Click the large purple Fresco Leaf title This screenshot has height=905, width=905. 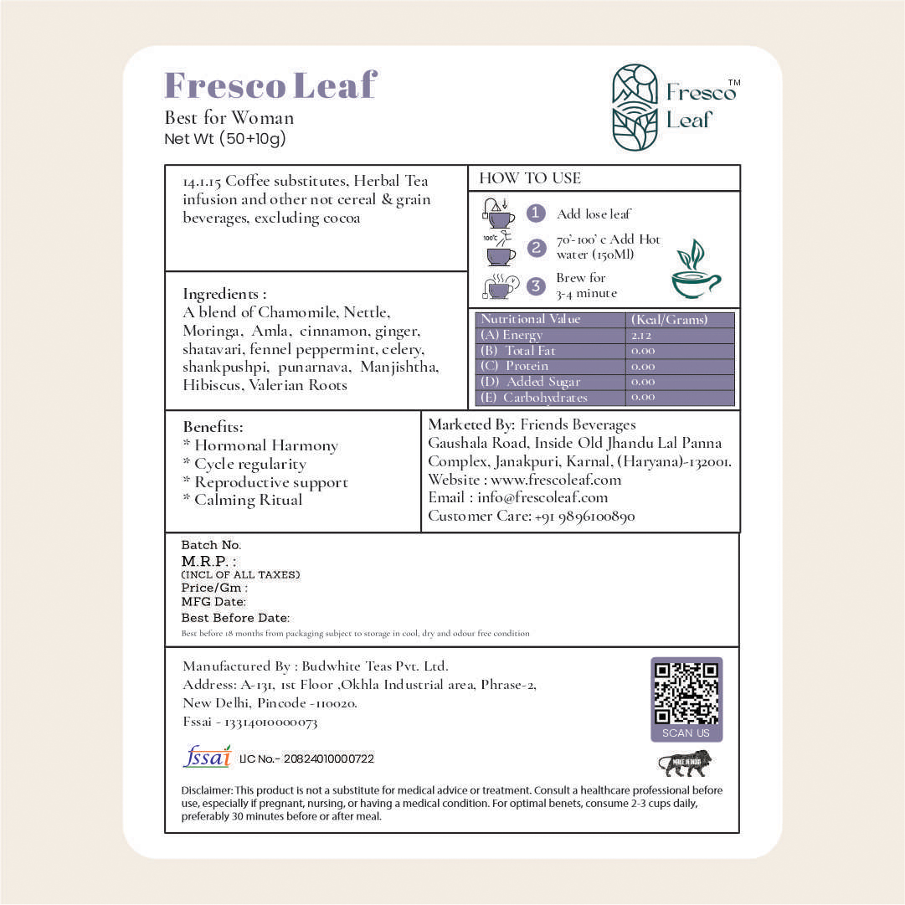(270, 85)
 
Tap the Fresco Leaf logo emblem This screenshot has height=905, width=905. (635, 107)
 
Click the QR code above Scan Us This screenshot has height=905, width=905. (686, 693)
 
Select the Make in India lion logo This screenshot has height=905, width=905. (686, 764)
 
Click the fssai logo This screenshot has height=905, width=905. (207, 756)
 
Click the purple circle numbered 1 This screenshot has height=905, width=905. (536, 213)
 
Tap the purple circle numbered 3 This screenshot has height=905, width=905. (536, 285)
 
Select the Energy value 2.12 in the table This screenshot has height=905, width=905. (642, 335)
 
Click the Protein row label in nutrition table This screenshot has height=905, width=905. (516, 366)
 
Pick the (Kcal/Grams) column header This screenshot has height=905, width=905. (667, 319)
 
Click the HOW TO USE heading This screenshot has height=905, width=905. (529, 178)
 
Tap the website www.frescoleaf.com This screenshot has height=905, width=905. (556, 480)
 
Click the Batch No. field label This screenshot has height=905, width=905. (211, 545)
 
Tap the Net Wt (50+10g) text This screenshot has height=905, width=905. (225, 139)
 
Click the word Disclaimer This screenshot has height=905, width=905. (206, 790)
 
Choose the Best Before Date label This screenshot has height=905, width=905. (234, 618)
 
